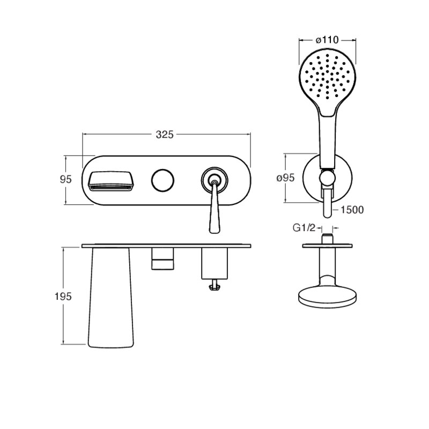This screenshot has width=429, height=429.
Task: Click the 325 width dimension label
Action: click(x=165, y=135)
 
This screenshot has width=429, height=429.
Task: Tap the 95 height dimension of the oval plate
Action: click(x=65, y=179)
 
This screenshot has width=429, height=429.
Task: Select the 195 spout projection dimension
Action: click(x=63, y=297)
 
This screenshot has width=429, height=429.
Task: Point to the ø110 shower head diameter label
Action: click(x=327, y=40)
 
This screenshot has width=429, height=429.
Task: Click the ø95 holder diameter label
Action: click(x=286, y=178)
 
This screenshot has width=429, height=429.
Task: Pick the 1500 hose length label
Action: click(x=352, y=210)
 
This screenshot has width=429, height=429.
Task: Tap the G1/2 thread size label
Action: click(x=304, y=227)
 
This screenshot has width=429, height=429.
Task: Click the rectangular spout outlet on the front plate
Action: click(x=110, y=181)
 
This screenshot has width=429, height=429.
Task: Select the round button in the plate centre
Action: click(x=162, y=180)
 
